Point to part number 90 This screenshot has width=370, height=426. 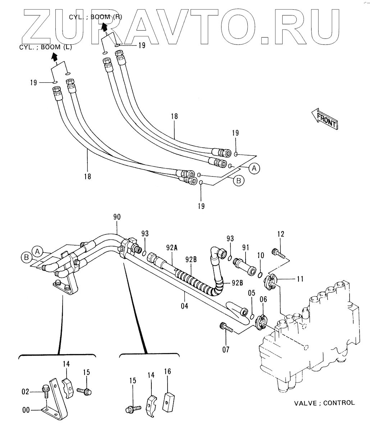117,217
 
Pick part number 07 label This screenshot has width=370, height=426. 225,349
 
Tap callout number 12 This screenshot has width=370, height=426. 280,234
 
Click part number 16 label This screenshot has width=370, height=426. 168,371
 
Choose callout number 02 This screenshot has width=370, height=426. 25,392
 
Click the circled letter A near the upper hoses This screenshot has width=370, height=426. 254,168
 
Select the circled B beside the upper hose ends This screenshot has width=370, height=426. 239,181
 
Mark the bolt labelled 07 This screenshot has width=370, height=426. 225,328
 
